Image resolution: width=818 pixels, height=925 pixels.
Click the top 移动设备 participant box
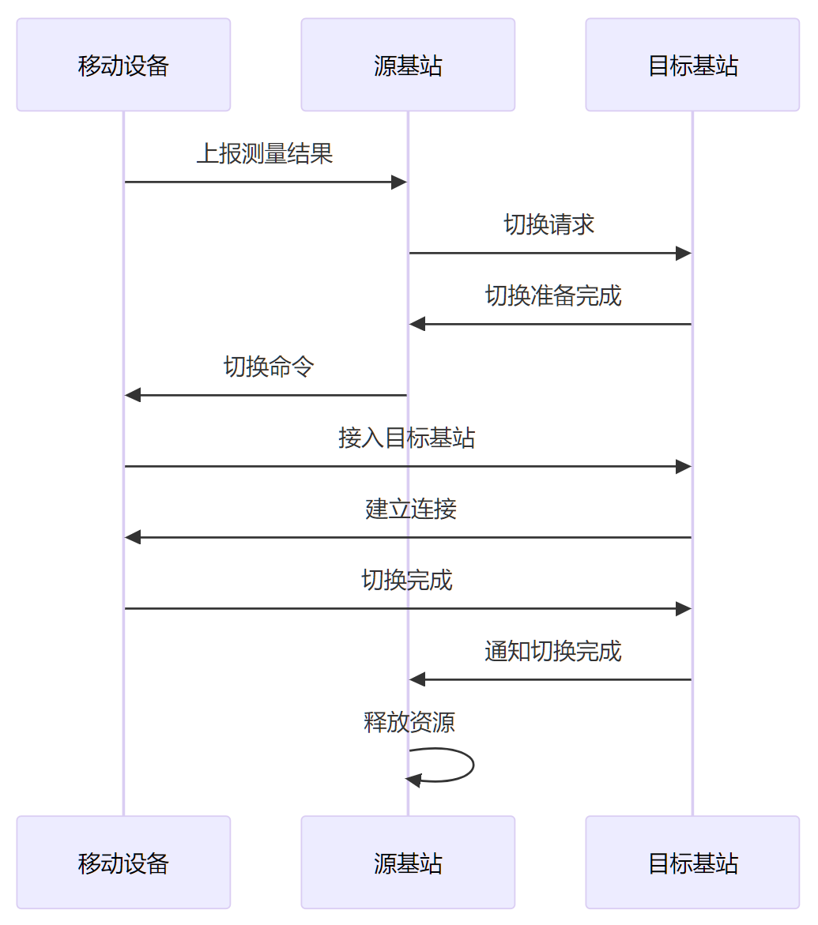[x=123, y=65]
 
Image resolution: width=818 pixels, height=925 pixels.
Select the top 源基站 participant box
[x=408, y=65]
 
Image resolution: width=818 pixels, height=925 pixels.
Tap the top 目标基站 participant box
[x=692, y=65]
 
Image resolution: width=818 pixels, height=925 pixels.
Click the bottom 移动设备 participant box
[x=123, y=863]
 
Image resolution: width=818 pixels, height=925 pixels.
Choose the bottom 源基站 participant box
[x=408, y=863]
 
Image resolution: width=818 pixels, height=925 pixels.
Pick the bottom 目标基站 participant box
[x=692, y=863]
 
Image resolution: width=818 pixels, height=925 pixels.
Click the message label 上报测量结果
[x=265, y=153]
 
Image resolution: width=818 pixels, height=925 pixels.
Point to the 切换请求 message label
[x=549, y=224]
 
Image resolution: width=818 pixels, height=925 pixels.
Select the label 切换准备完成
[x=553, y=295]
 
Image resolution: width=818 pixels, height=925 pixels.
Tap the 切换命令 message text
[x=269, y=367]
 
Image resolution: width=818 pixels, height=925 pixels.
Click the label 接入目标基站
[x=407, y=438]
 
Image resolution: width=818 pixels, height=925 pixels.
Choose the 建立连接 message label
[x=411, y=509]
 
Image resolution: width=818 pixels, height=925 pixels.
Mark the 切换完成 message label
[x=407, y=580]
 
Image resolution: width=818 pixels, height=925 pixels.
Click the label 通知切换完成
[x=553, y=651]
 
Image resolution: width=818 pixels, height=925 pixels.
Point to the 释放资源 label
[x=409, y=722]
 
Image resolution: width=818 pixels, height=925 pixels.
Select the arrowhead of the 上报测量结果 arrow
[x=399, y=182]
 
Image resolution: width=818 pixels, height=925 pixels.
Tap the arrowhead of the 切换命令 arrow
[x=133, y=395]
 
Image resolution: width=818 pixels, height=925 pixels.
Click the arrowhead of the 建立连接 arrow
[x=133, y=537]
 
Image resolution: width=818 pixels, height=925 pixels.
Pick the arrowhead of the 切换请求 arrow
[x=684, y=254]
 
